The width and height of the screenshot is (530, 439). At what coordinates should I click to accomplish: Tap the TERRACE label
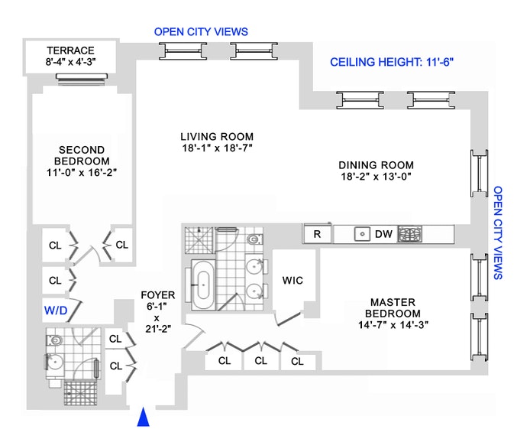pyautogui.click(x=71, y=50)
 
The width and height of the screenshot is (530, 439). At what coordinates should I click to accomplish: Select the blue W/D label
pyautogui.click(x=56, y=311)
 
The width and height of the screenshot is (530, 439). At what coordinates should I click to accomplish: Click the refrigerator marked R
pyautogui.click(x=317, y=234)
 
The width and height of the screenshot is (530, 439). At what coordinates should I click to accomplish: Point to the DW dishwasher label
pyautogui.click(x=383, y=234)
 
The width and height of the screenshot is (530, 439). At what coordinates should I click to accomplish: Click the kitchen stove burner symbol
pyautogui.click(x=409, y=234)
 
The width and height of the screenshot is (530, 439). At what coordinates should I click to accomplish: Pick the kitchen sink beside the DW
pyautogui.click(x=362, y=234)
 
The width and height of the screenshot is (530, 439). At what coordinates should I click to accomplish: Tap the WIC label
pyautogui.click(x=292, y=280)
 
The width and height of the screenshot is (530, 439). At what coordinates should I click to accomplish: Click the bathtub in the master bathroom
pyautogui.click(x=203, y=285)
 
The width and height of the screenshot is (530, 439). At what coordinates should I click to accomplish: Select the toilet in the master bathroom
pyautogui.click(x=254, y=239)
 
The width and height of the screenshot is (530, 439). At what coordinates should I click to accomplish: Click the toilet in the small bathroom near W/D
pyautogui.click(x=54, y=340)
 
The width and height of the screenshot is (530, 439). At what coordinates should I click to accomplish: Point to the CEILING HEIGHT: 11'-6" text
pyautogui.click(x=392, y=62)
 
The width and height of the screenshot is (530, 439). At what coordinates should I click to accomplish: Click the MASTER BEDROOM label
pyautogui.click(x=393, y=307)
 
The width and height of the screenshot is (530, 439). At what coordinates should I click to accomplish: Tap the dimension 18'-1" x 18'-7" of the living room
pyautogui.click(x=217, y=148)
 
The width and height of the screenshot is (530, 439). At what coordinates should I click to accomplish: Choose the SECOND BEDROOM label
pyautogui.click(x=82, y=155)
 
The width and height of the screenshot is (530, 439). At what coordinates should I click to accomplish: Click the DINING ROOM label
pyautogui.click(x=376, y=165)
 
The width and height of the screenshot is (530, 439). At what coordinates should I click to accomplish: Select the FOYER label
pyautogui.click(x=158, y=295)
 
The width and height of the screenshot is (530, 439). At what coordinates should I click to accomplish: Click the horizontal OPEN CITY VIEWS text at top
pyautogui.click(x=201, y=32)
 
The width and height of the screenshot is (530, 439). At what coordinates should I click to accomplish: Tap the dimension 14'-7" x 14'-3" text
pyautogui.click(x=393, y=325)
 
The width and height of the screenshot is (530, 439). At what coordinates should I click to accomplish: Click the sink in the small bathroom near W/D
pyautogui.click(x=54, y=363)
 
